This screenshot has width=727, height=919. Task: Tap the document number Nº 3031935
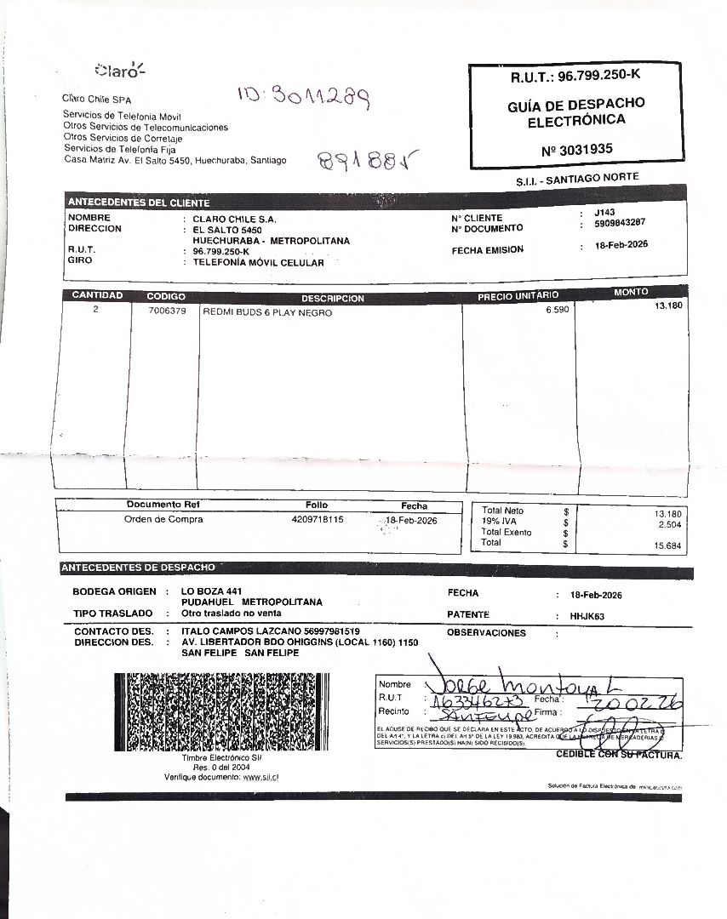(x=576, y=150)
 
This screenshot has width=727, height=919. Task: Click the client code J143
(x=604, y=213)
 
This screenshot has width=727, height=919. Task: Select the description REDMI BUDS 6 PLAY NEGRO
(x=267, y=312)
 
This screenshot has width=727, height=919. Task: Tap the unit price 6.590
(x=557, y=310)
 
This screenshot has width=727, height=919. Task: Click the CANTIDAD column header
(x=97, y=295)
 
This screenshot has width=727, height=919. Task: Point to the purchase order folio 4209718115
(x=318, y=519)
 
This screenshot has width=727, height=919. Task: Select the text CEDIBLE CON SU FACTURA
(x=618, y=754)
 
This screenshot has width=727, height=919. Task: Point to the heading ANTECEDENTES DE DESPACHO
(x=138, y=568)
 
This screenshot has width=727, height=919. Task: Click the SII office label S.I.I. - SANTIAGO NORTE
(x=576, y=180)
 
